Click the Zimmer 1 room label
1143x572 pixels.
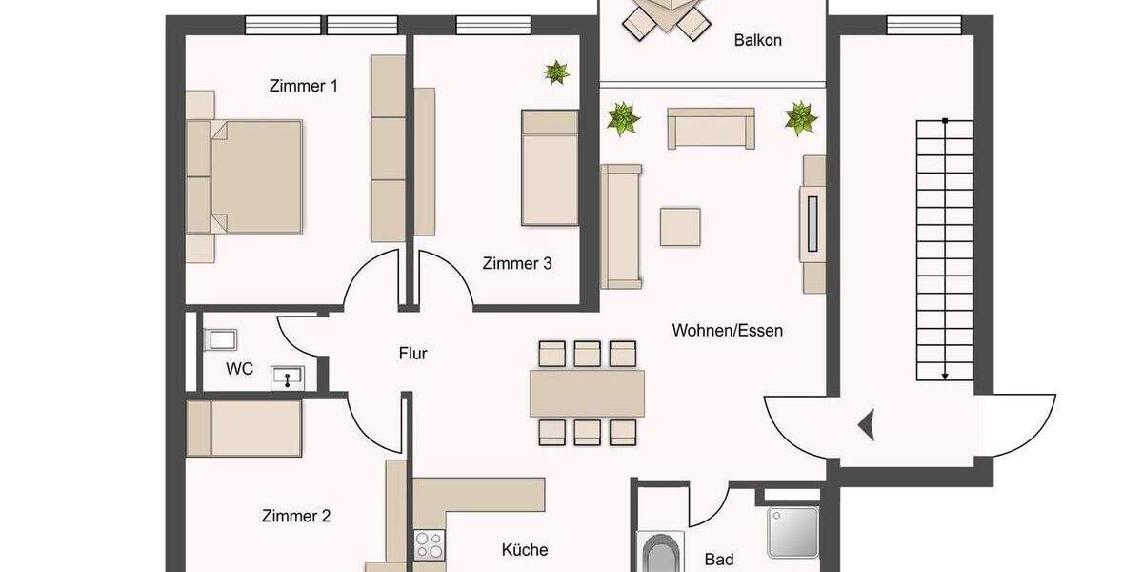point(304,86)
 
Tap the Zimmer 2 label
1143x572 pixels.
point(296,517)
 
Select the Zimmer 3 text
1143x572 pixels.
point(517,263)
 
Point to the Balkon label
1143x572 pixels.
point(758,40)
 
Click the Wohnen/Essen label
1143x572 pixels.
point(728,331)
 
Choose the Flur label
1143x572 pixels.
point(412,354)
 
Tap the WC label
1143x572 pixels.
point(240,368)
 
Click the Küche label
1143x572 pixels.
point(525,550)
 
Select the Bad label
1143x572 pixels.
point(719,559)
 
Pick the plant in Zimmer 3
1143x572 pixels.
point(556,71)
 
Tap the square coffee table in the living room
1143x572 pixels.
point(680,227)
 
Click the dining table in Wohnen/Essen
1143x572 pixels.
point(587,393)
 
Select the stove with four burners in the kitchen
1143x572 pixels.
point(429,545)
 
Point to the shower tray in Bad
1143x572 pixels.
point(792,532)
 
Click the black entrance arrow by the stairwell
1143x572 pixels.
point(867,424)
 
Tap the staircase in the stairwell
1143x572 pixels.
point(944,248)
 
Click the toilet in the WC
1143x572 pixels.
point(220,339)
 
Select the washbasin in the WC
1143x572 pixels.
point(287,378)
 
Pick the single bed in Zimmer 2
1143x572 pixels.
point(245,428)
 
